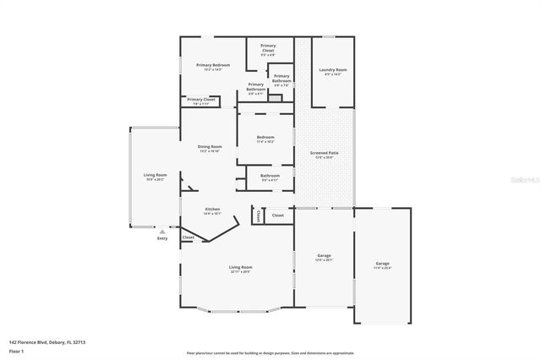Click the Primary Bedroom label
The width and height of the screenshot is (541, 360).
pos(213,66)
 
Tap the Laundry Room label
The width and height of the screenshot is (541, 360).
pos(332,71)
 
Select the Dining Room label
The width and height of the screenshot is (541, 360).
pos(210,148)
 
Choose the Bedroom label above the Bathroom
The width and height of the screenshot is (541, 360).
pos(265,139)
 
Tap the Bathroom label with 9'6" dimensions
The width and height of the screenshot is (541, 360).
pos(270,177)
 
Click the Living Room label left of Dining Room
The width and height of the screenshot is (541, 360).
pos(155,176)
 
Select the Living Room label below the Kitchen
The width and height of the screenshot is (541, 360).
pos(241,268)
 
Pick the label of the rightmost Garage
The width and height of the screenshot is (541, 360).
pos(383,265)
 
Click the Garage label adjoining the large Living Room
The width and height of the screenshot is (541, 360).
pos(323,255)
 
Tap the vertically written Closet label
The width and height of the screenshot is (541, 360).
pos(258,215)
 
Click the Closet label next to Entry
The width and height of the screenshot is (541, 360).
pos(188,237)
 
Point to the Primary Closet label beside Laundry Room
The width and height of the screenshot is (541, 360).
pos(268,49)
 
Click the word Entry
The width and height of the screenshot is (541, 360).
pos(162,238)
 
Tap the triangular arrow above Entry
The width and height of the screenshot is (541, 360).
pos(162,231)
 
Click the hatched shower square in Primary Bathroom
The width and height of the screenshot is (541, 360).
pos(274,98)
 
